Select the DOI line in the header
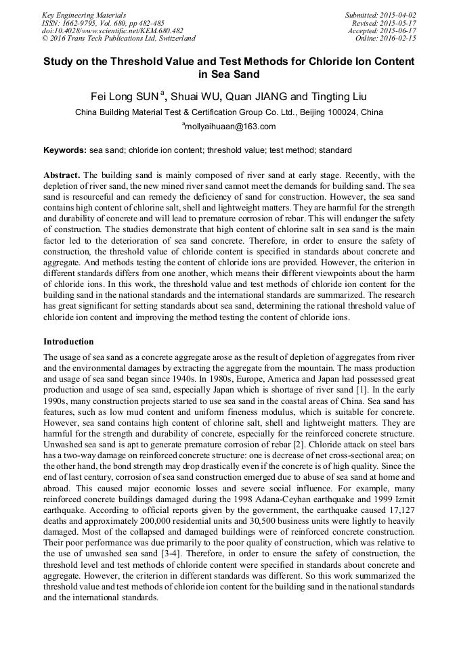click(112, 31)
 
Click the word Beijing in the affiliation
click(304, 112)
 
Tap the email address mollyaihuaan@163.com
click(230, 127)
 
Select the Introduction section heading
click(68, 342)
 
